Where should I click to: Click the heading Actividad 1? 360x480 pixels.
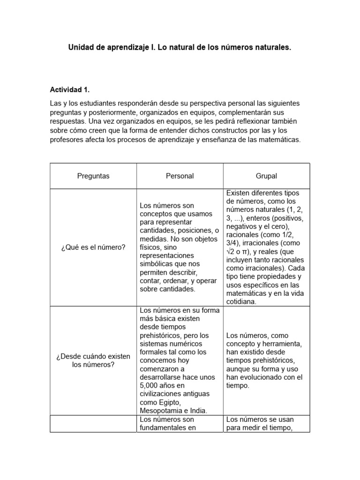tap(69, 90)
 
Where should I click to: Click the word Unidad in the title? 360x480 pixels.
tap(81, 47)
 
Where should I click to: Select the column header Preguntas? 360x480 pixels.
tap(93, 176)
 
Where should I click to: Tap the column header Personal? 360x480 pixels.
tap(180, 176)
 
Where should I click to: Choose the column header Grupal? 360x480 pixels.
tap(266, 176)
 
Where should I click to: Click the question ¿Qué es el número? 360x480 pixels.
tap(93, 247)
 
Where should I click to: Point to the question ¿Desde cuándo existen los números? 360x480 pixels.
tap(93, 360)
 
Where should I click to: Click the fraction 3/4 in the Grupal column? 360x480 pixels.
tap(233, 243)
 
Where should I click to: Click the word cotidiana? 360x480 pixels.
tap(241, 302)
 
